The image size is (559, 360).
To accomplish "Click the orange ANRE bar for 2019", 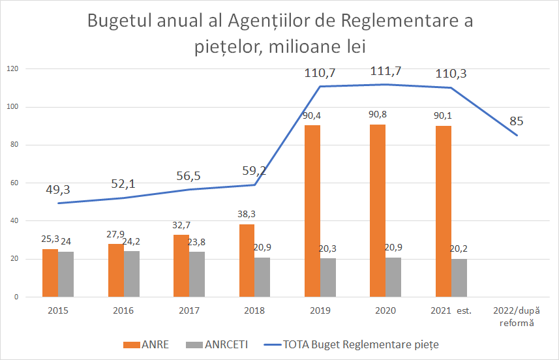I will pyautogui.click(x=312, y=211).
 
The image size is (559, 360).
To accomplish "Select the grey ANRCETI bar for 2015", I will pyautogui.click(x=66, y=274).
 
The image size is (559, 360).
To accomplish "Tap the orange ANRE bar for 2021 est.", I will pyautogui.click(x=443, y=211).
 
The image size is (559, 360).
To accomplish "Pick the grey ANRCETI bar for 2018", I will pyautogui.click(x=262, y=277).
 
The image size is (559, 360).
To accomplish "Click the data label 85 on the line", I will pyautogui.click(x=517, y=121).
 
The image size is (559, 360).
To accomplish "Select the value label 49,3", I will pyautogui.click(x=58, y=190).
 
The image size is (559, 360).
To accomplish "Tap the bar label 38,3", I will pyautogui.click(x=247, y=213).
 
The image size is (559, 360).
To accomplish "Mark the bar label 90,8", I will pyautogui.click(x=378, y=114).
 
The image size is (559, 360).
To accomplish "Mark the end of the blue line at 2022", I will pyautogui.click(x=517, y=135).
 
